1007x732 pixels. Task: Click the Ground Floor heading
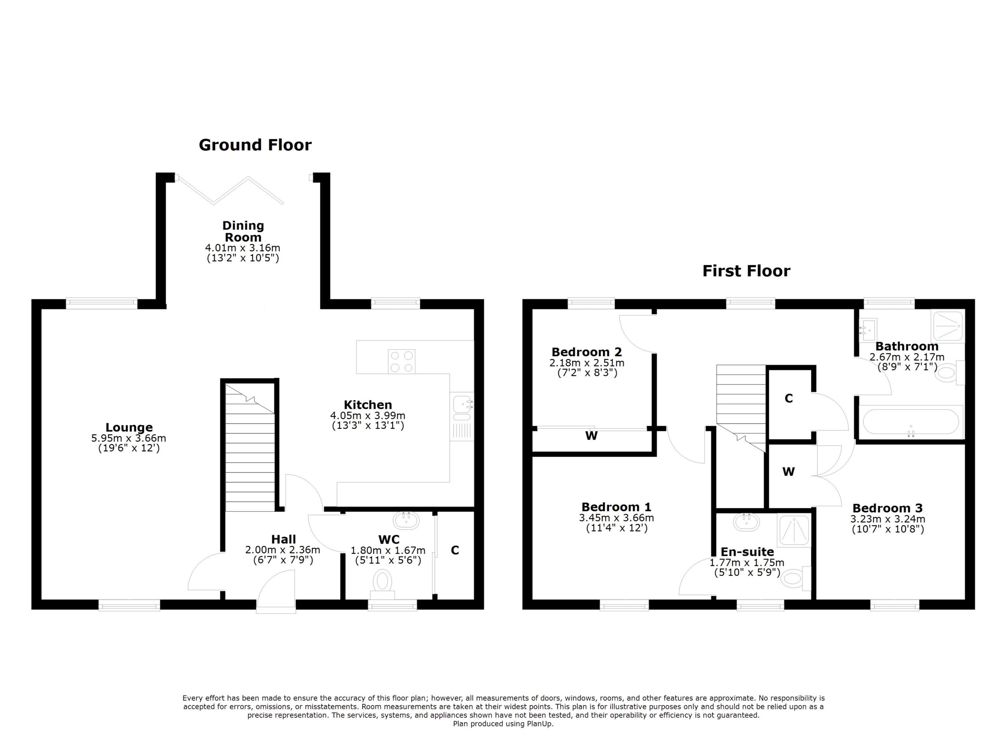[x=255, y=145]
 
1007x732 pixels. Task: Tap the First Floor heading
[x=746, y=271]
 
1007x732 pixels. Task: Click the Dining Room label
[x=243, y=231]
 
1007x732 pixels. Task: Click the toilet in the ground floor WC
[x=382, y=581]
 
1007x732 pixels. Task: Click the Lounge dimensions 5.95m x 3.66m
[x=129, y=438]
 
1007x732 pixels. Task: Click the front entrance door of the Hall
[x=276, y=592]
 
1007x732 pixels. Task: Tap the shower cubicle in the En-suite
[x=794, y=530]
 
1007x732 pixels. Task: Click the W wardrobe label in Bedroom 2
[x=591, y=436]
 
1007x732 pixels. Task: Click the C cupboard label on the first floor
[x=789, y=398]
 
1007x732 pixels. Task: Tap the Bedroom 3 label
[x=887, y=508]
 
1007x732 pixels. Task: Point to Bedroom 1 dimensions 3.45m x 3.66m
[x=616, y=518]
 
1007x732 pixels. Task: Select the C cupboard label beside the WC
[x=455, y=550]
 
